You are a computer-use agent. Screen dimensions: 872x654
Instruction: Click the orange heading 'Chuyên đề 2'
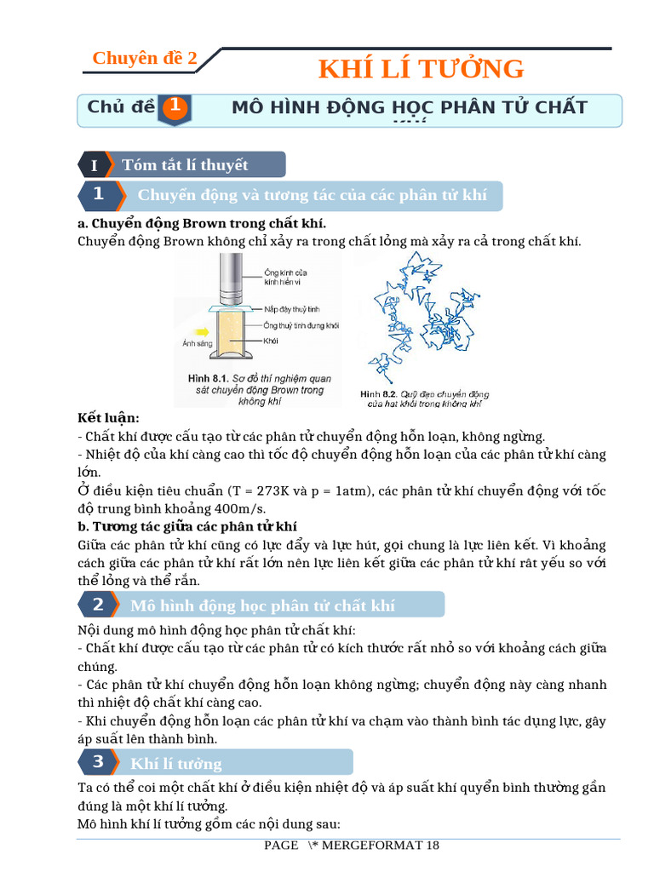click(145, 58)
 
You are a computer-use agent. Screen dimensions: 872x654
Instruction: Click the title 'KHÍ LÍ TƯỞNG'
click(421, 68)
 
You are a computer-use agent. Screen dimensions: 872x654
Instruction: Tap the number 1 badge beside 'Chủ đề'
click(174, 107)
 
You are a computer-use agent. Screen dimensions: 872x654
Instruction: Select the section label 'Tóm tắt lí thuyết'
click(185, 165)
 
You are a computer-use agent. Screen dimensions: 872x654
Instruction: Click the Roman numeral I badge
click(94, 165)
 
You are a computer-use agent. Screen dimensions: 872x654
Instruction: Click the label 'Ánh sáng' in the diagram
click(196, 345)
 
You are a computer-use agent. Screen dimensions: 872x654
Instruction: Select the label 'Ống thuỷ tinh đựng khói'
click(301, 325)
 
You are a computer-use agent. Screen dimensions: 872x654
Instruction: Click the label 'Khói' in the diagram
click(272, 341)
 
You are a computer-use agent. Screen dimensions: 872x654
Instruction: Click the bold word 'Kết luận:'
click(108, 418)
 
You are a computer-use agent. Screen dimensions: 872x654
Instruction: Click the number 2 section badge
click(98, 605)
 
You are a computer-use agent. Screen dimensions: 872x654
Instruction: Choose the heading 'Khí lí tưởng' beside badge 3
click(176, 763)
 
